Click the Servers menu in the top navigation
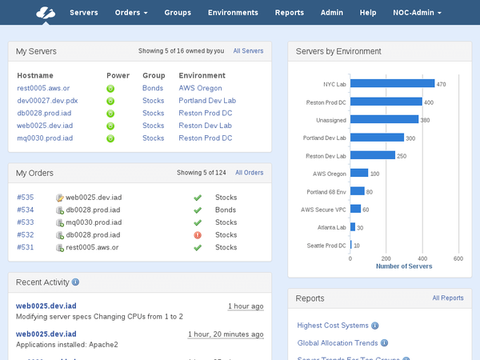click(x=84, y=13)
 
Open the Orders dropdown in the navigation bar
click(x=131, y=13)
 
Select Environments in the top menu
click(x=233, y=13)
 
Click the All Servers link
click(x=248, y=51)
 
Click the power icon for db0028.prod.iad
click(x=110, y=114)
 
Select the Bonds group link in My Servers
click(x=152, y=88)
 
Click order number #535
click(x=26, y=197)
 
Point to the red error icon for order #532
click(x=197, y=235)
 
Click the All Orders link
click(x=249, y=173)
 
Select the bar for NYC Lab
click(x=392, y=83)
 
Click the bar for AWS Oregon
click(x=358, y=173)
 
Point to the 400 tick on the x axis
click(x=422, y=258)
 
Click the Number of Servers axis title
click(x=404, y=266)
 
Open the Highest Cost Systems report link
click(x=333, y=326)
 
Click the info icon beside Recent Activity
click(x=75, y=282)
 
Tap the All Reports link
click(x=448, y=298)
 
